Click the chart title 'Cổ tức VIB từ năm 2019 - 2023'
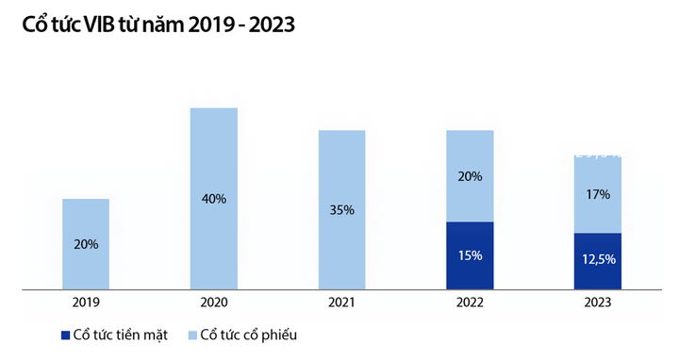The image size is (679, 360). click(x=152, y=25)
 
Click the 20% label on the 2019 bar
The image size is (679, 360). click(x=86, y=244)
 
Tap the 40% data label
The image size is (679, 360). click(x=213, y=199)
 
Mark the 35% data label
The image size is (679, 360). click(x=341, y=210)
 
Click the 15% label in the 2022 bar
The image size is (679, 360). click(x=470, y=255)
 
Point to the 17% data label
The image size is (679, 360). click(x=597, y=194)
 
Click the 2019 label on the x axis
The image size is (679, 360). click(x=86, y=303)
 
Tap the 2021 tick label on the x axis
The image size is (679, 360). click(x=341, y=303)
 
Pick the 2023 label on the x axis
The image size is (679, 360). click(x=597, y=303)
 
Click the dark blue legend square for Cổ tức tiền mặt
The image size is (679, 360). click(x=65, y=335)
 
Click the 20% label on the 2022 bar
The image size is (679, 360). click(x=470, y=176)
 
